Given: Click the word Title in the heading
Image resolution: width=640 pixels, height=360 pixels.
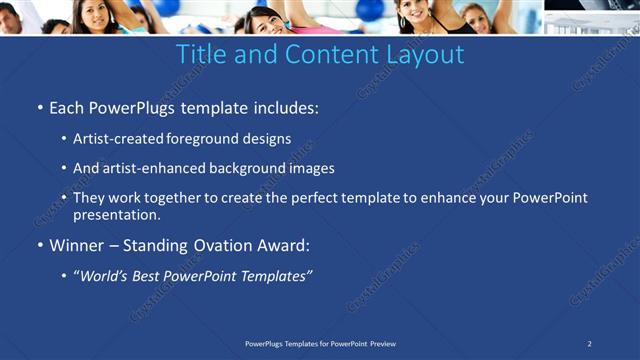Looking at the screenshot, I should click(x=200, y=54).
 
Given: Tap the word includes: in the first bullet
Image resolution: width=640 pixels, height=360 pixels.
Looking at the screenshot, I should click(x=283, y=106).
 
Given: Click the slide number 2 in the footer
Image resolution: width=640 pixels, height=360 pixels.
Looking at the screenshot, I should click(x=590, y=344).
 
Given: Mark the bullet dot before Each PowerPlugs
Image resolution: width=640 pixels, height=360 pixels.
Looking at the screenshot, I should click(x=39, y=107).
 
